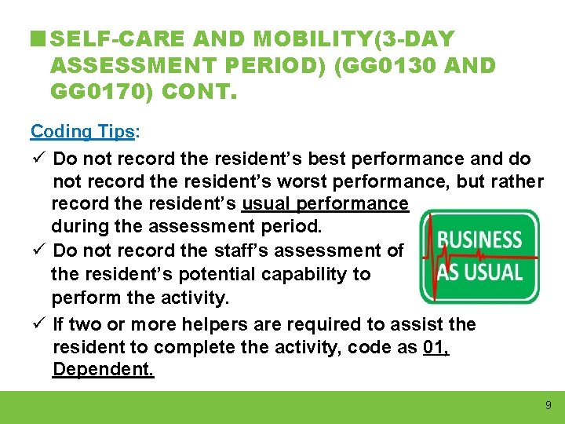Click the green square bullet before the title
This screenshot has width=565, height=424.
coord(38,38)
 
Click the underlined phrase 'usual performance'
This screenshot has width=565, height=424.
coord(325,204)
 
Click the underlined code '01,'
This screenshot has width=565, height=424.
coord(436,347)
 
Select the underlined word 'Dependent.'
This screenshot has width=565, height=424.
coord(103,370)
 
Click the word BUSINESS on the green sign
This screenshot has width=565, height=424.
coord(480,239)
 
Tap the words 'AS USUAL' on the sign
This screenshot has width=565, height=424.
coord(480,272)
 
